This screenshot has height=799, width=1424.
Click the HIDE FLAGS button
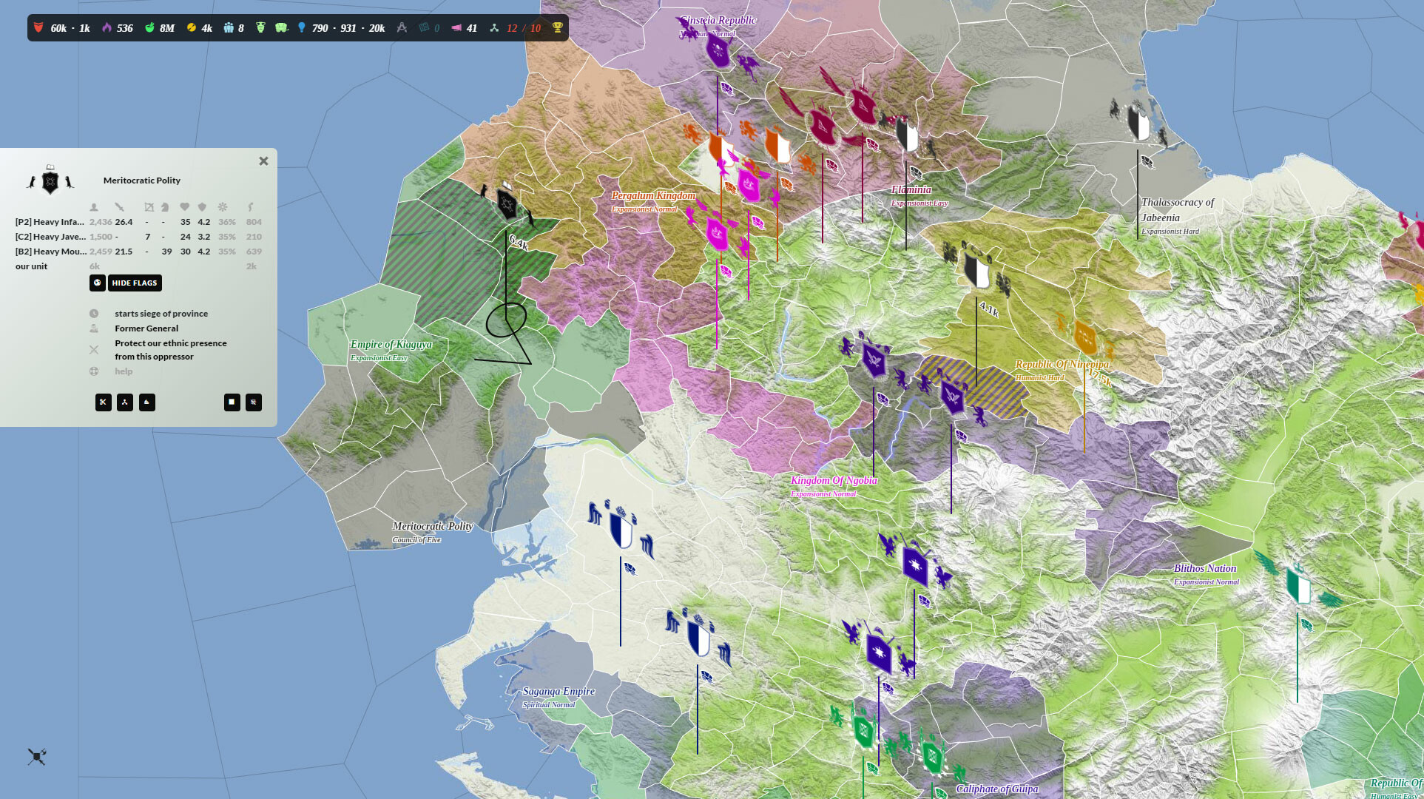click(135, 283)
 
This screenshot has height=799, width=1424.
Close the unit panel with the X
click(263, 161)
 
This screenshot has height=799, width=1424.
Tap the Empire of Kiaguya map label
click(391, 345)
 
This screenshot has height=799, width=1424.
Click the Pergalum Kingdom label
click(653, 196)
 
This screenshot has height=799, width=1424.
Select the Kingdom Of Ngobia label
click(834, 481)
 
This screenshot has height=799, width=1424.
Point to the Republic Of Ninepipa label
click(1062, 365)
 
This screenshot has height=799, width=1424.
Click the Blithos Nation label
click(1204, 569)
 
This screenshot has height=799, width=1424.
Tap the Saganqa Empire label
click(559, 692)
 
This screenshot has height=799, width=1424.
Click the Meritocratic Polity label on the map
click(432, 527)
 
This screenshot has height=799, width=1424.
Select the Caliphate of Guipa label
click(996, 789)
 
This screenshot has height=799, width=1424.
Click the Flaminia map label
click(911, 190)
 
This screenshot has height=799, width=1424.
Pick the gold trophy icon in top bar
click(558, 28)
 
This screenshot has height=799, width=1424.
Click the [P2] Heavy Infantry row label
click(50, 222)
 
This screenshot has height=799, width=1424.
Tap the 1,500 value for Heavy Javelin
click(101, 237)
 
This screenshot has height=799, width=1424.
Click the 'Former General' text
click(146, 328)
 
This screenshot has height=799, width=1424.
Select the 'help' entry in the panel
click(124, 371)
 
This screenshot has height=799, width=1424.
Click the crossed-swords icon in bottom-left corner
click(37, 756)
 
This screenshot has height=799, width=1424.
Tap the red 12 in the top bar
click(512, 28)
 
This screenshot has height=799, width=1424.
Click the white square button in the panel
click(232, 402)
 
